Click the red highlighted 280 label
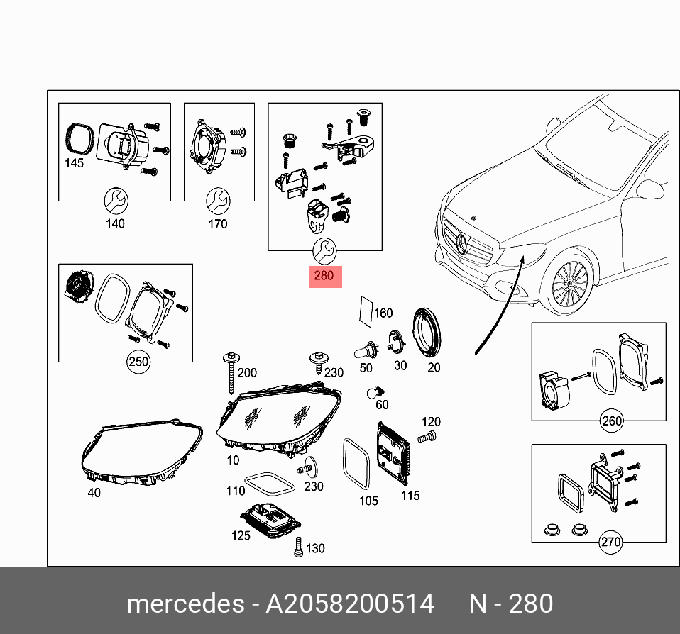coord(324,276)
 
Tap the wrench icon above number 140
coord(114,202)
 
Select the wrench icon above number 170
coord(217,201)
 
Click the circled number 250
coord(138,362)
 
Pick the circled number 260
coord(611,421)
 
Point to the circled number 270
coord(610,543)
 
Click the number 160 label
coord(383,313)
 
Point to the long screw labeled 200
coord(231,372)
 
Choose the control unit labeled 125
coord(271,518)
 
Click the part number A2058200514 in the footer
coord(350,604)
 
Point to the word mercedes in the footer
coord(185,604)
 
